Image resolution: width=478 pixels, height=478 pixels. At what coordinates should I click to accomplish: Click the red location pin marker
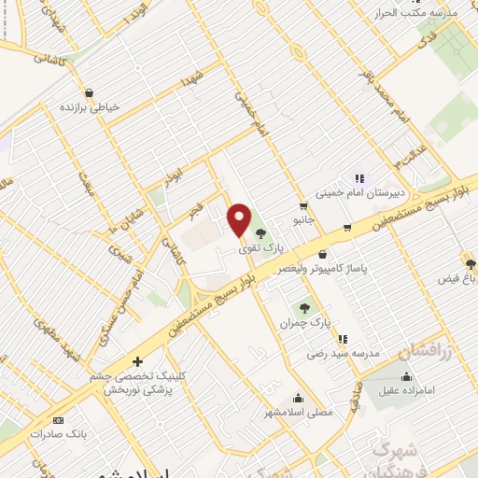(240, 219)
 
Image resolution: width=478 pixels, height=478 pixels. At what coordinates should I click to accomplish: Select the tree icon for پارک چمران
(303, 306)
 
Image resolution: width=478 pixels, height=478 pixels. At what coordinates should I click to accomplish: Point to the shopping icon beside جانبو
(303, 206)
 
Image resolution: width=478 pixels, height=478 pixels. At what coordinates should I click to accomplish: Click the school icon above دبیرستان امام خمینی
(358, 178)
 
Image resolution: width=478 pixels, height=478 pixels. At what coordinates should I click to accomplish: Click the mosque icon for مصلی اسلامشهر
(298, 397)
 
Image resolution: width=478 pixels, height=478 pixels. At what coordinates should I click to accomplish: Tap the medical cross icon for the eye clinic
(137, 361)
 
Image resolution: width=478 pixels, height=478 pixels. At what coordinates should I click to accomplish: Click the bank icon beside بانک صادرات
(58, 420)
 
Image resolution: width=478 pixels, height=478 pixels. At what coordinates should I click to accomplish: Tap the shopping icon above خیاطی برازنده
(89, 91)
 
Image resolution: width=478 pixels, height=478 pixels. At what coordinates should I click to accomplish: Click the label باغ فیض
(457, 279)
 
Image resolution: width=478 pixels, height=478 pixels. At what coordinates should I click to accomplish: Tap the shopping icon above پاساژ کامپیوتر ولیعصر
(323, 253)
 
